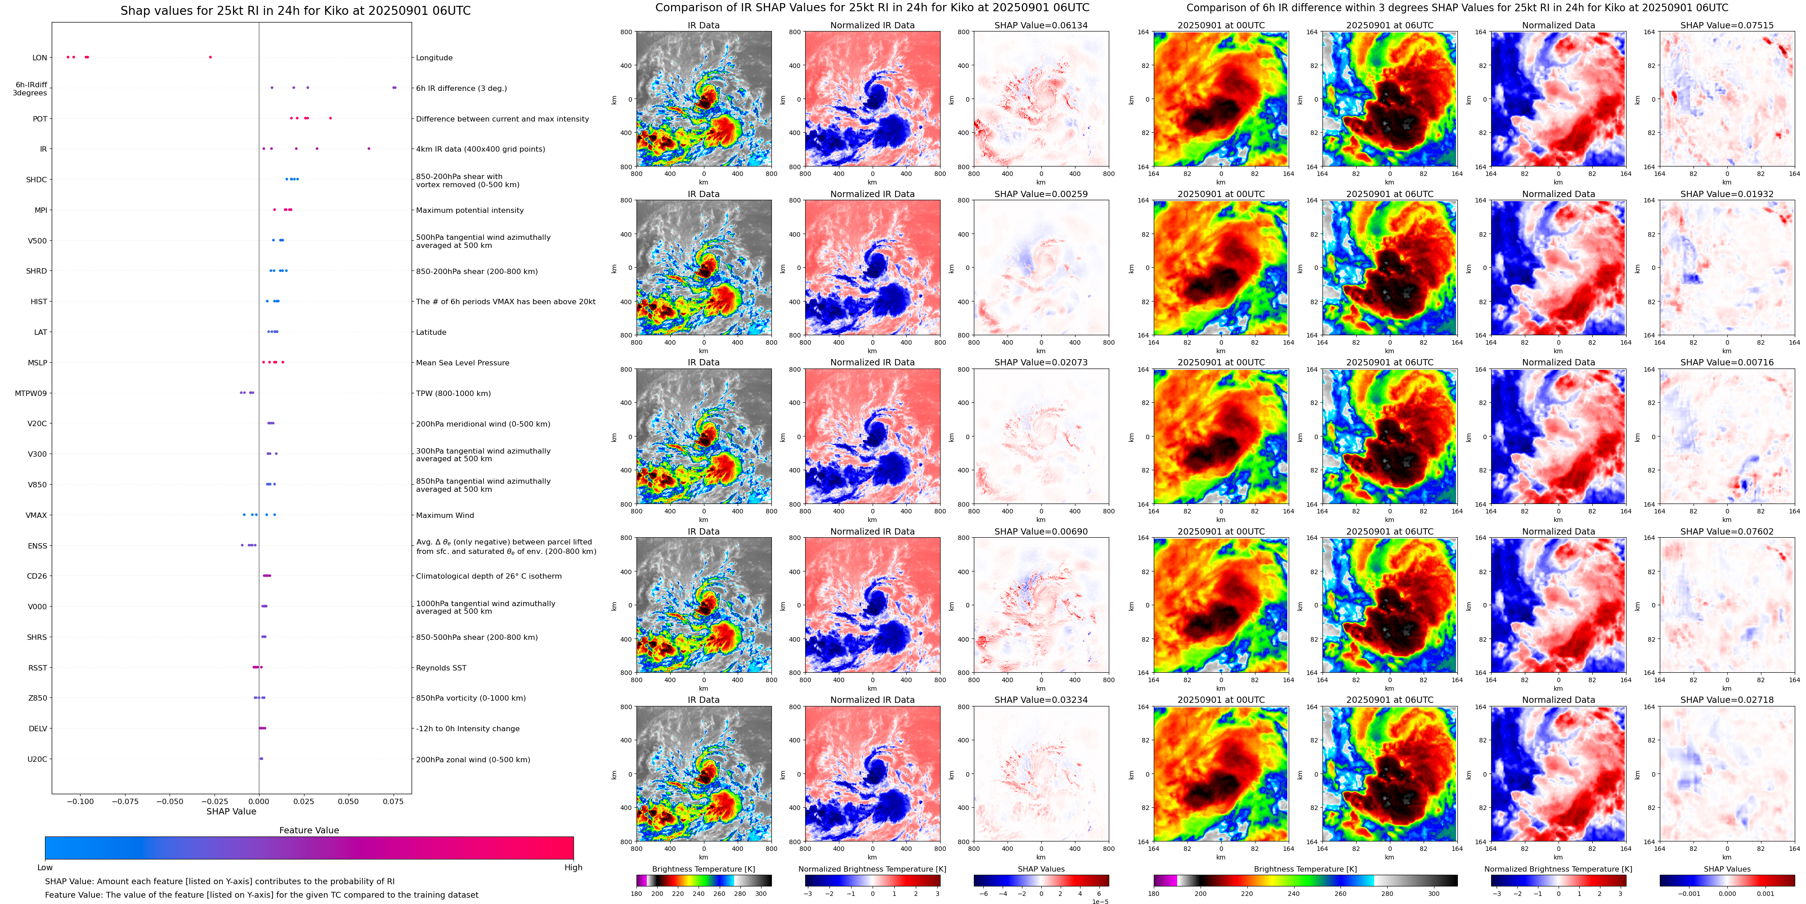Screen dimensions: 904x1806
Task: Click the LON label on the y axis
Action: click(x=39, y=58)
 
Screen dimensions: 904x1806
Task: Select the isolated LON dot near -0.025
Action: click(x=211, y=57)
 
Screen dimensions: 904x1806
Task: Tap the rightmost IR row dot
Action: click(x=369, y=148)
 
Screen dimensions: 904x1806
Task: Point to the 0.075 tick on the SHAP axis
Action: click(x=393, y=801)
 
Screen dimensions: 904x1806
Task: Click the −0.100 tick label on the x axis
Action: click(x=80, y=801)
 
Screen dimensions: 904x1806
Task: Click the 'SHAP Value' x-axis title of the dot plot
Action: click(x=231, y=811)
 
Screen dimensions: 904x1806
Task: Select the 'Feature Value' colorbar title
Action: click(x=309, y=830)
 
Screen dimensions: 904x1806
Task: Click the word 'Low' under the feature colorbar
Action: click(x=45, y=868)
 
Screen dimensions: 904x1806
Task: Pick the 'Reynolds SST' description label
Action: click(x=440, y=668)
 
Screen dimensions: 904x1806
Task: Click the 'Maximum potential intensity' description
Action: click(x=469, y=211)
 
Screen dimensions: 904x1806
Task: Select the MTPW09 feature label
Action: click(x=31, y=393)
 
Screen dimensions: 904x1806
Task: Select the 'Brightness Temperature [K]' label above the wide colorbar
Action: click(x=1305, y=869)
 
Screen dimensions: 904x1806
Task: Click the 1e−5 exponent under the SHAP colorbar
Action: click(x=1100, y=901)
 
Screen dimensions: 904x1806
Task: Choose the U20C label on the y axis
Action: click(x=37, y=759)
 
